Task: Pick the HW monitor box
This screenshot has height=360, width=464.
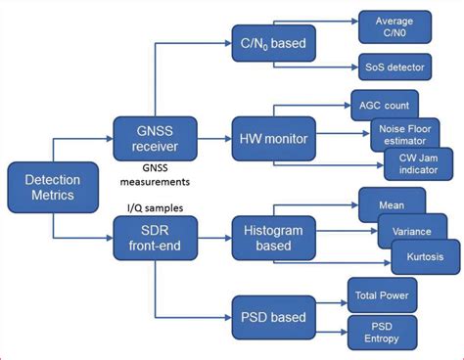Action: pyautogui.click(x=273, y=140)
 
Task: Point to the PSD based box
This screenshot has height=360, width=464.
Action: pyautogui.click(x=273, y=316)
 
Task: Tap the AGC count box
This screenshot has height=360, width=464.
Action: pyautogui.click(x=385, y=104)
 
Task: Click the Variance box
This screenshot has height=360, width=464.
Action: pyautogui.click(x=410, y=231)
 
